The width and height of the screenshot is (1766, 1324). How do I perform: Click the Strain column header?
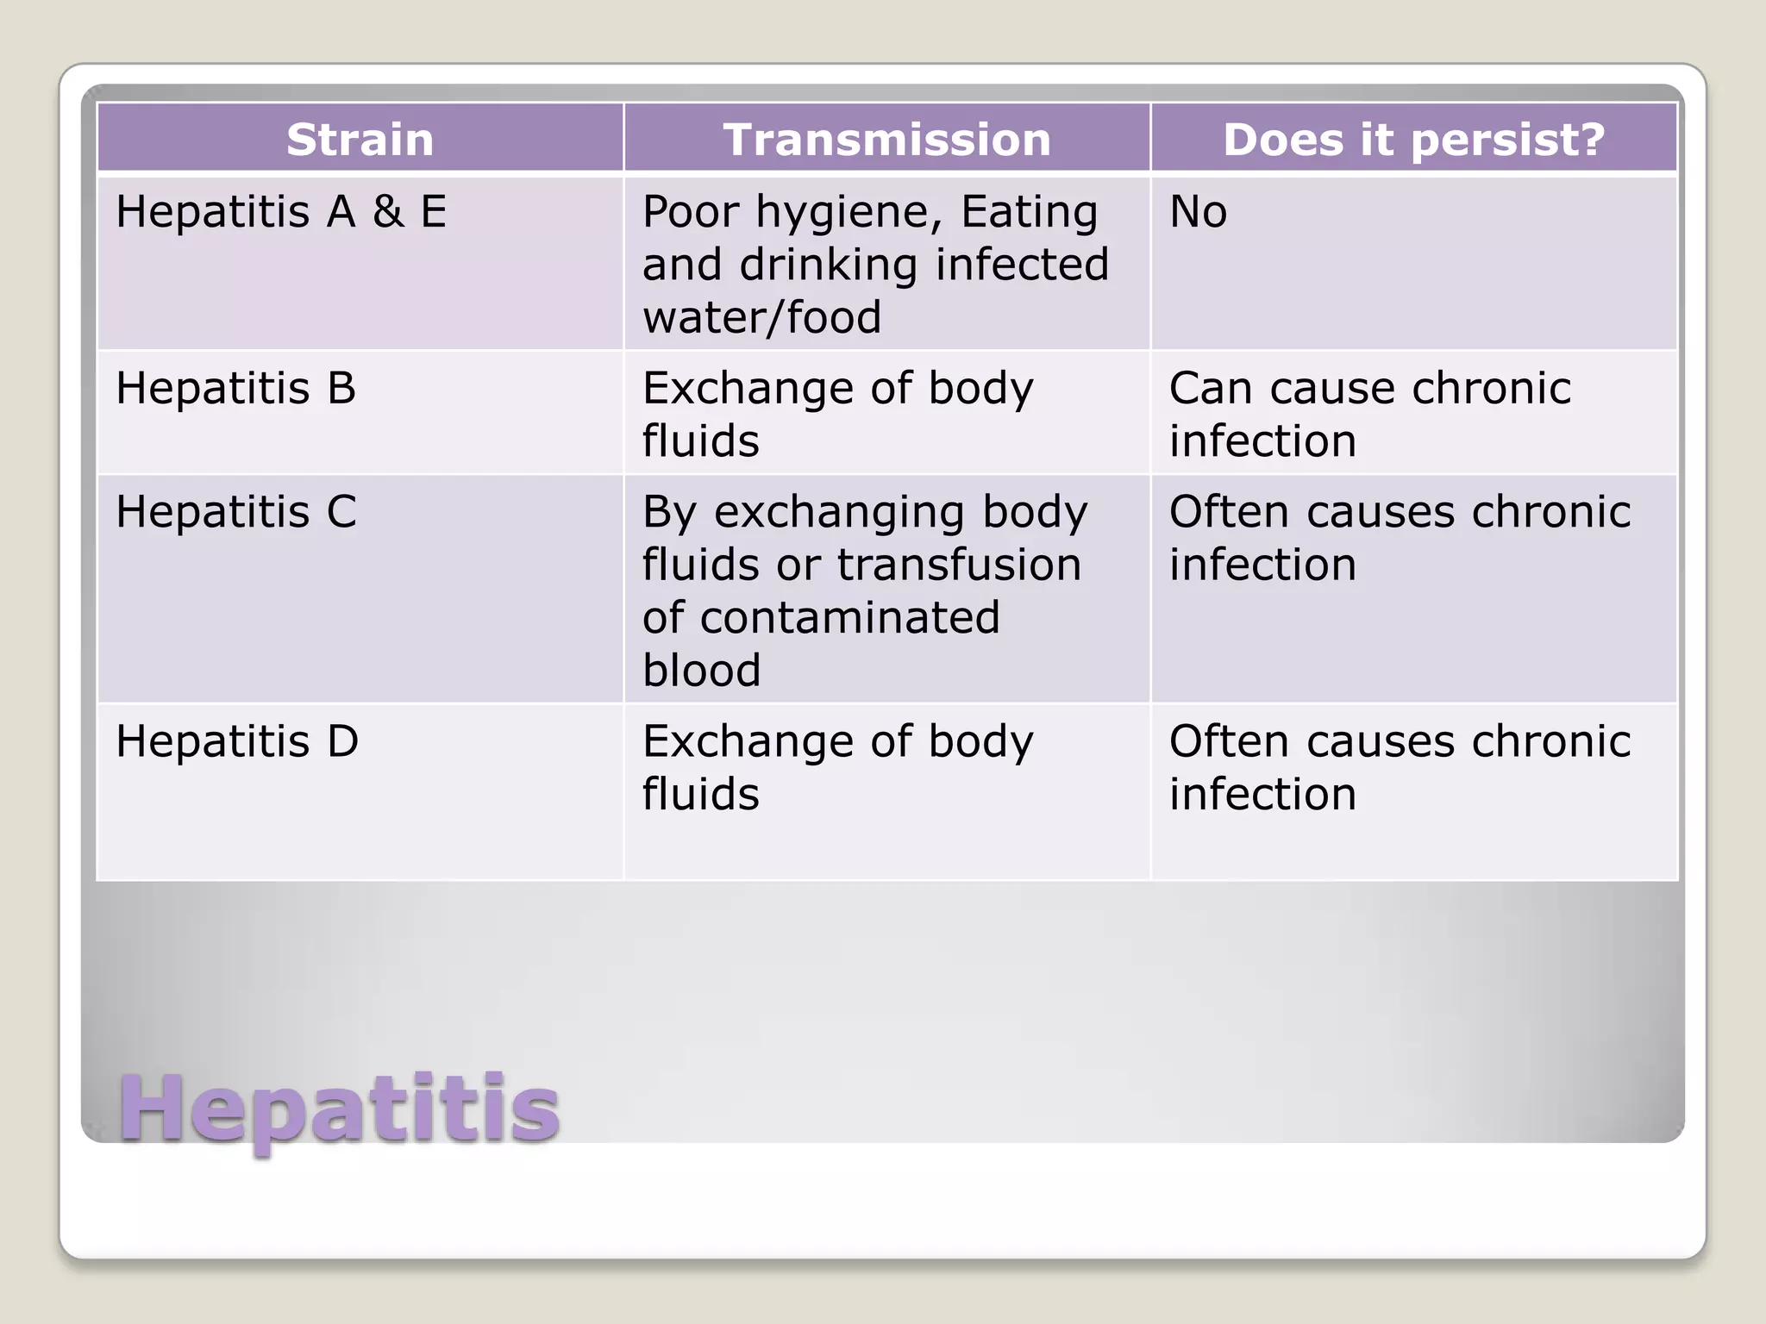[360, 140]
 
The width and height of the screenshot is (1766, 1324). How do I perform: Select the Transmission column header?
[886, 140]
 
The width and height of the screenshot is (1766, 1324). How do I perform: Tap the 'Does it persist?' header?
[1413, 140]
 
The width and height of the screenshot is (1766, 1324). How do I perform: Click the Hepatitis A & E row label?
[281, 212]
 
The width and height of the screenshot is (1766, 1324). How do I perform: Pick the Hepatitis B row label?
[235, 388]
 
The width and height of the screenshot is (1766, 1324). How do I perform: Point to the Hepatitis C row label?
[235, 512]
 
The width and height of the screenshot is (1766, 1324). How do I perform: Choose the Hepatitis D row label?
[237, 741]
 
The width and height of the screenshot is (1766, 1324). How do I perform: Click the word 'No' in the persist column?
[1198, 212]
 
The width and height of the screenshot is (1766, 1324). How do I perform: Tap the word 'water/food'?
[761, 317]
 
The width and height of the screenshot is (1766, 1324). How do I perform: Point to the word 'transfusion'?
[959, 565]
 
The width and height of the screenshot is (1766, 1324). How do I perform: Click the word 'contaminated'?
[849, 618]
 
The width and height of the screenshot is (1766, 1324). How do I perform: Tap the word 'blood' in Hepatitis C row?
[701, 671]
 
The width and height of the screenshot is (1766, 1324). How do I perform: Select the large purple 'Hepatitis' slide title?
[339, 1109]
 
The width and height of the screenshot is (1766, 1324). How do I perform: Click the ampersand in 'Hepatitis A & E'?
[388, 212]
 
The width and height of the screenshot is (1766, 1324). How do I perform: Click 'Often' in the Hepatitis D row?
[1229, 741]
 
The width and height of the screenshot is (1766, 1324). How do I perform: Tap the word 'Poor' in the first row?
[690, 212]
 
